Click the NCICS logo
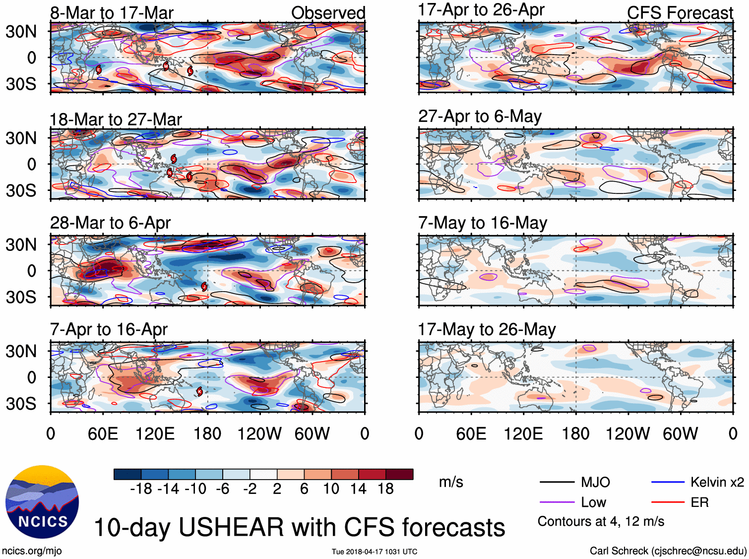(42, 501)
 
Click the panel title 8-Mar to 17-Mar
(112, 13)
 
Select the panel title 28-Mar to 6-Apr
(110, 223)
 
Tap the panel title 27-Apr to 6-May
(480, 116)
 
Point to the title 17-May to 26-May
(487, 329)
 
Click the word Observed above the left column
(328, 13)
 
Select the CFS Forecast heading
(680, 13)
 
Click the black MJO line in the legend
(557, 482)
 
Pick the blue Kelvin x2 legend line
(668, 482)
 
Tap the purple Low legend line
(557, 502)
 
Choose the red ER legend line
(668, 502)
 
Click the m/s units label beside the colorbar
(451, 482)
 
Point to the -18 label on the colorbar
(141, 489)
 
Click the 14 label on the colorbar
(358, 489)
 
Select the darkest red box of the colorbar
(399, 474)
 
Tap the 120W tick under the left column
(259, 434)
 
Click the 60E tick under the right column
(471, 434)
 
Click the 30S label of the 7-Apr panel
(21, 404)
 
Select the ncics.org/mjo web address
(32, 551)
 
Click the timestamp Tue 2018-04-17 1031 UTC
(374, 552)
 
